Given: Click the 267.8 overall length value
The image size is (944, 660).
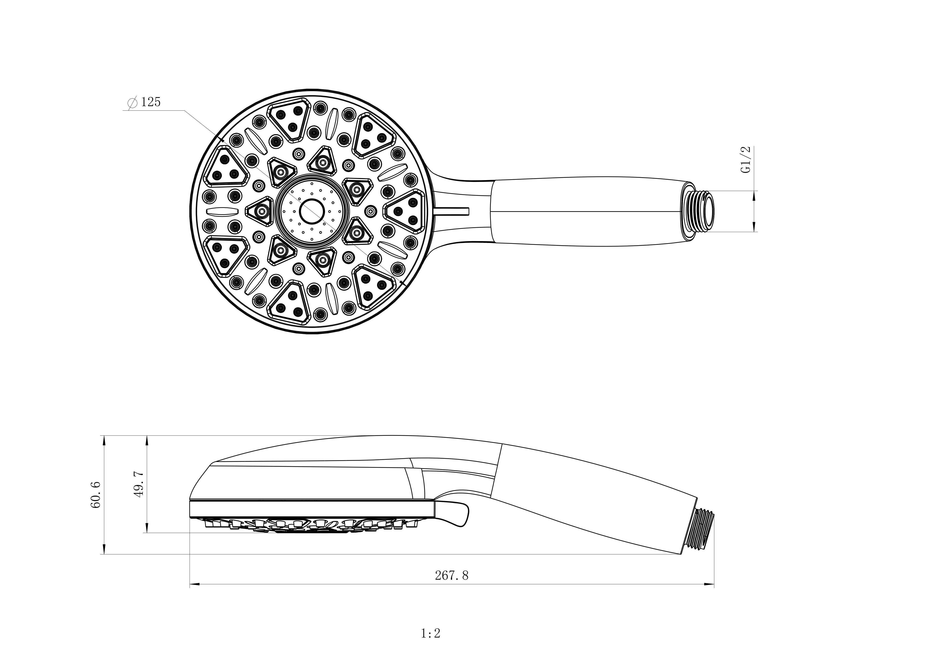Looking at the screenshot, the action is point(451,575).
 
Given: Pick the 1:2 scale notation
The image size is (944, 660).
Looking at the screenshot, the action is point(431,633).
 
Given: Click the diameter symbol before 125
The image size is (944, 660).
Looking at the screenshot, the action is point(132,103).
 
